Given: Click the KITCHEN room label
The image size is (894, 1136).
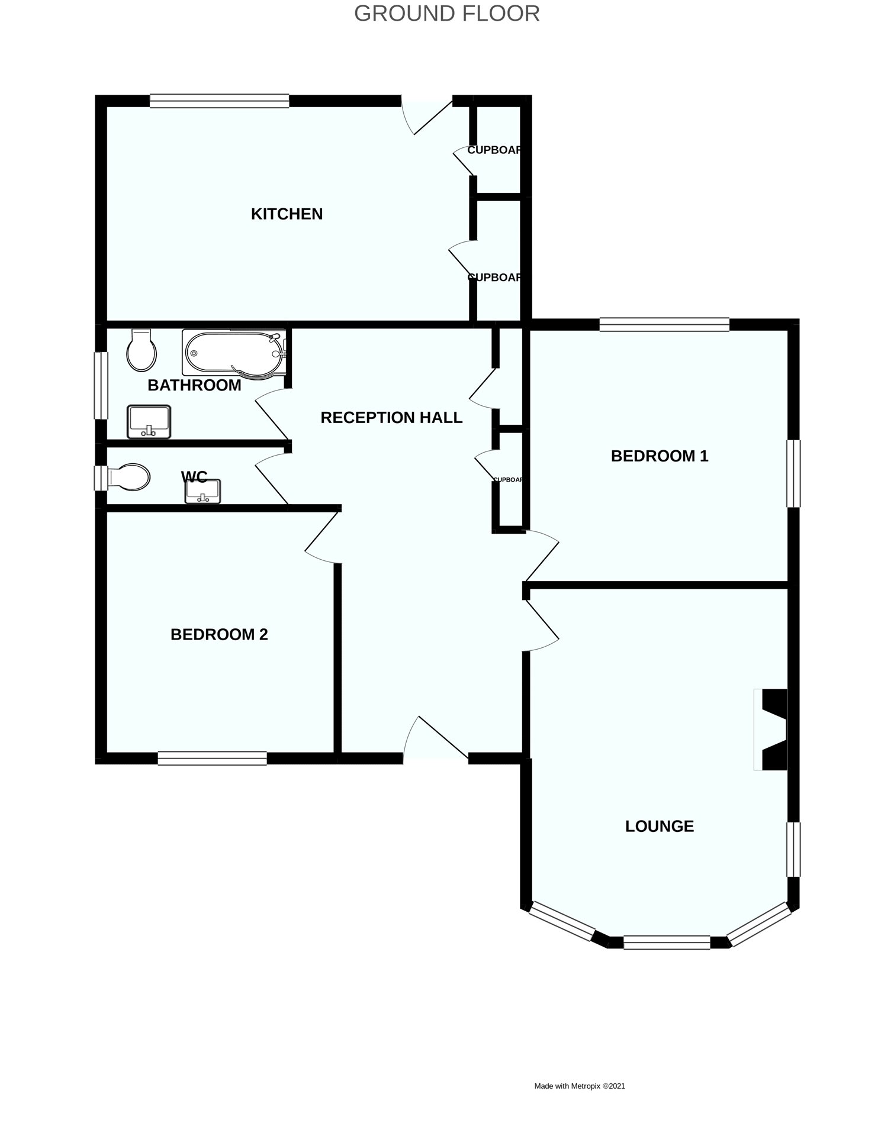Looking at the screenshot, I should pyautogui.click(x=287, y=214).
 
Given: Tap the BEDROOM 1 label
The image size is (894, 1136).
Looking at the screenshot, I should pyautogui.click(x=659, y=456).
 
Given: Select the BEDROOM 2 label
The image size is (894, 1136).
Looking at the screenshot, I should pyautogui.click(x=219, y=635).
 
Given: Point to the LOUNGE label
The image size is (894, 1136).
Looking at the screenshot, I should pyautogui.click(x=659, y=827).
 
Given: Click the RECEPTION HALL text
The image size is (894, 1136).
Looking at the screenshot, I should pyautogui.click(x=391, y=418).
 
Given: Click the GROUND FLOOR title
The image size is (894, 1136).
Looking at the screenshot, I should pyautogui.click(x=446, y=14).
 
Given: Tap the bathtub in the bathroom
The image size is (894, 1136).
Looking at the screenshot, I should pyautogui.click(x=234, y=353).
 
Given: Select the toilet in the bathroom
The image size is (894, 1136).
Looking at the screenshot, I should pyautogui.click(x=142, y=350).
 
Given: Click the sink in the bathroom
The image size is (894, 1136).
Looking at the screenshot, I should pyautogui.click(x=149, y=421).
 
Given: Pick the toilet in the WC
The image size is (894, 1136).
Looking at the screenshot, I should pyautogui.click(x=128, y=477).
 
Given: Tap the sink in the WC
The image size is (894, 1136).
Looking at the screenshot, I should pyautogui.click(x=202, y=491).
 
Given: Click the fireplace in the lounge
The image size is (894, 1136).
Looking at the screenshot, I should pyautogui.click(x=772, y=730).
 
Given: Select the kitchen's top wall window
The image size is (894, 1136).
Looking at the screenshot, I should pyautogui.click(x=219, y=101).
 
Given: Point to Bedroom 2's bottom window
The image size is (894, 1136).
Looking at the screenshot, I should pyautogui.click(x=212, y=758).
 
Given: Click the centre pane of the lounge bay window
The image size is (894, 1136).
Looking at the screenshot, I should pyautogui.click(x=666, y=942).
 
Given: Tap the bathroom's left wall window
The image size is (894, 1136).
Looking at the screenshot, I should pyautogui.click(x=101, y=386).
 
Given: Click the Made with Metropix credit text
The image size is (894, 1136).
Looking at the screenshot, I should pyautogui.click(x=579, y=1086).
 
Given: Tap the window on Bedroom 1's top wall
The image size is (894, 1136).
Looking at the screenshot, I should pyautogui.click(x=664, y=324).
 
